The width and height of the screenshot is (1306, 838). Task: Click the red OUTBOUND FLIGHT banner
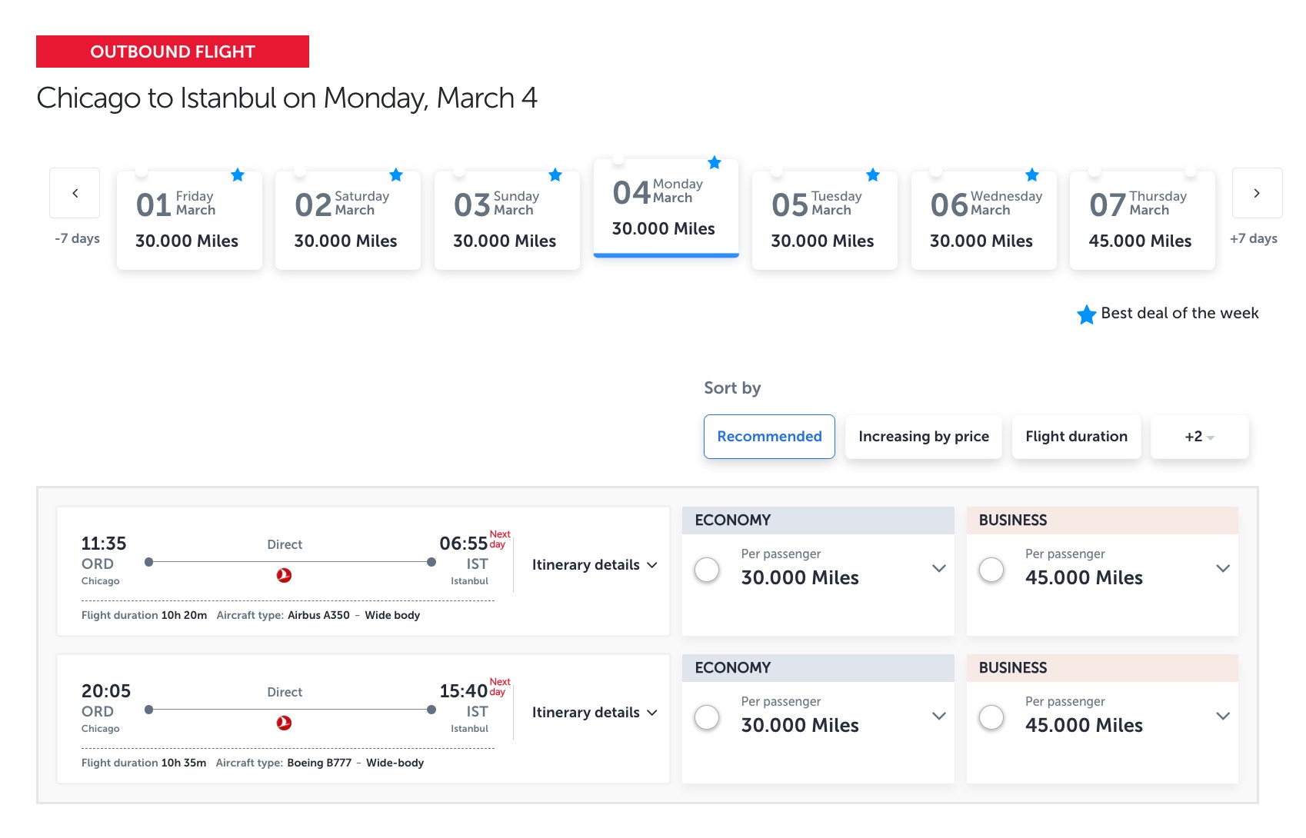(x=172, y=52)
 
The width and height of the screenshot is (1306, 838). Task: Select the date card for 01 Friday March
(x=189, y=220)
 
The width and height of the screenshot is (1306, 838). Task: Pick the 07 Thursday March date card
(x=1142, y=220)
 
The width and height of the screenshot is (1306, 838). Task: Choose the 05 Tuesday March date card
(x=825, y=220)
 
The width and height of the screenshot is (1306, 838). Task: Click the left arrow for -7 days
(x=75, y=193)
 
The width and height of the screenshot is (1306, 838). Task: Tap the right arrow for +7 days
(x=1257, y=193)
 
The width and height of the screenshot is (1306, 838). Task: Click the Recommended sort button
(x=769, y=437)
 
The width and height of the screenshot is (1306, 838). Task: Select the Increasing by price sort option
(x=924, y=437)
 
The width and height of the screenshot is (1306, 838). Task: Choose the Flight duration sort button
(x=1076, y=437)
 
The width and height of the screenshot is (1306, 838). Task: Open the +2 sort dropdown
(x=1199, y=437)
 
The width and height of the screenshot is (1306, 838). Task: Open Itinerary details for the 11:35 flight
(x=594, y=565)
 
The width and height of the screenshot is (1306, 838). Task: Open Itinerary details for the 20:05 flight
(x=594, y=713)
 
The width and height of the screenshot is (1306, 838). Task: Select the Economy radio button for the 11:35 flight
(x=707, y=570)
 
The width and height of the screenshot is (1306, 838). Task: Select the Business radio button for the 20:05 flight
(x=991, y=717)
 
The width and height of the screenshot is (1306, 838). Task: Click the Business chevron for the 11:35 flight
(x=1223, y=568)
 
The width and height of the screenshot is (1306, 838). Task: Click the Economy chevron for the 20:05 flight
(x=939, y=716)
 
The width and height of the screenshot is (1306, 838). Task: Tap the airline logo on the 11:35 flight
(x=284, y=575)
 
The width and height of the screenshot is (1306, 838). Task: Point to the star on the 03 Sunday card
(x=555, y=175)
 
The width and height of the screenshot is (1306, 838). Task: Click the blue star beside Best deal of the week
(x=1086, y=314)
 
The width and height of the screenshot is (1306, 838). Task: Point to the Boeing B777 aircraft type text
(x=319, y=763)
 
